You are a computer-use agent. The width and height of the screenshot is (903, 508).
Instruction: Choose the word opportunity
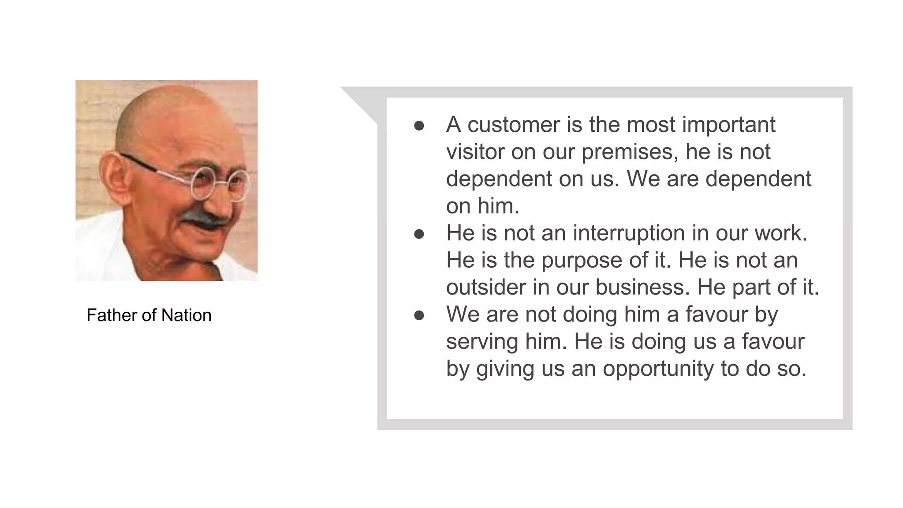tap(658, 369)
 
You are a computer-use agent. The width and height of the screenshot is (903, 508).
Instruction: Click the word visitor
tap(475, 152)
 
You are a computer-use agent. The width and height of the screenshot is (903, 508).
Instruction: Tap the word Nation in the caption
tap(186, 315)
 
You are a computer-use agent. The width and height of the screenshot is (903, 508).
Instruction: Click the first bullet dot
tap(419, 126)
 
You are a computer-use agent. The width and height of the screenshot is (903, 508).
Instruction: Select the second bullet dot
tap(419, 234)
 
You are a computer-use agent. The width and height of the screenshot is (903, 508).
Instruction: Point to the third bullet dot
tap(419, 315)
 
